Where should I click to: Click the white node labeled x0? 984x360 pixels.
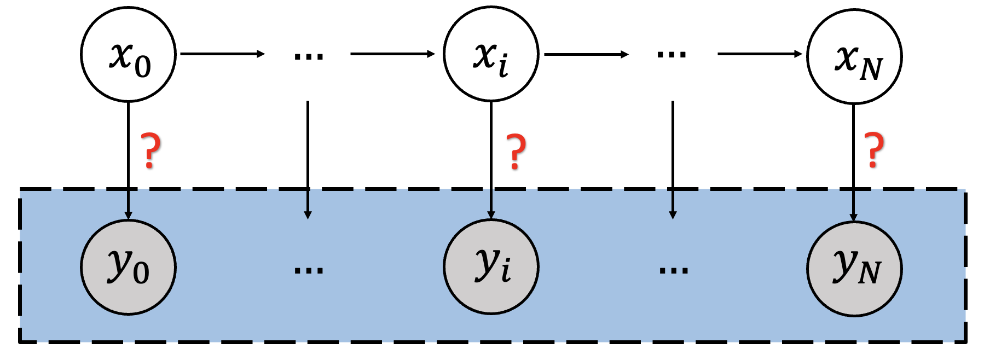128,54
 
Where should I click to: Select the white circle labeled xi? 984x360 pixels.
491,54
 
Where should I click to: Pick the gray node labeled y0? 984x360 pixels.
128,267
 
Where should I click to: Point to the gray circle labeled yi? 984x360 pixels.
491,266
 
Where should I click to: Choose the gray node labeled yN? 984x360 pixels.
854,269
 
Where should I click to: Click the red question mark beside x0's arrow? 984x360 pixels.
151,150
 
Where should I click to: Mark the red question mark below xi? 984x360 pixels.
515,152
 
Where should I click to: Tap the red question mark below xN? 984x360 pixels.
874,150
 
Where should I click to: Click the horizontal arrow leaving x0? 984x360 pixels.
222,54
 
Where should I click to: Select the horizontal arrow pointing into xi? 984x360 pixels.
392,54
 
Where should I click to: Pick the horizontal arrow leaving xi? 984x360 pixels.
586,54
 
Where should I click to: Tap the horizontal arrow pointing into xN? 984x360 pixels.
759,54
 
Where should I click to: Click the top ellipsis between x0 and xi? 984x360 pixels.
309,55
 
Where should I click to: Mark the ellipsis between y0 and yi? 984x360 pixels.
309,269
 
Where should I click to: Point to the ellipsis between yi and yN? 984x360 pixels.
674,269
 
